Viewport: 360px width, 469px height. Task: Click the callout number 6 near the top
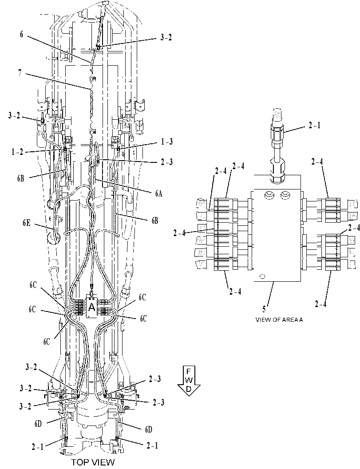coord(21,35)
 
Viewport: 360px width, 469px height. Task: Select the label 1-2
coord(17,152)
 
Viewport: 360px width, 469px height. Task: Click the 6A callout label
coord(158,193)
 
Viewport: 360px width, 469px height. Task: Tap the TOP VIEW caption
coord(93,462)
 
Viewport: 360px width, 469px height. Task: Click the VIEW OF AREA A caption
coord(279,320)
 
